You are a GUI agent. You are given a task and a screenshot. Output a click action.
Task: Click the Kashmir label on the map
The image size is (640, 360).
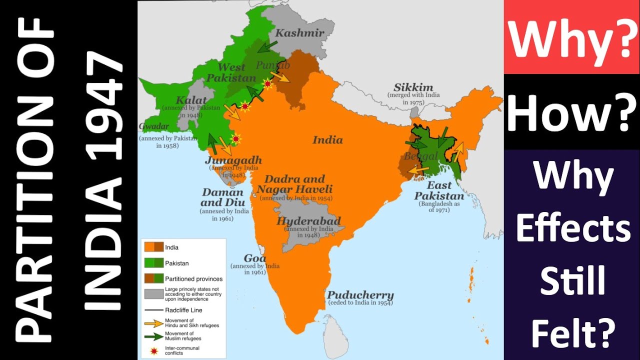click(x=300, y=33)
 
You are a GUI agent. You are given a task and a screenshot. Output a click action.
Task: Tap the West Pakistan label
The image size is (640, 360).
click(x=231, y=72)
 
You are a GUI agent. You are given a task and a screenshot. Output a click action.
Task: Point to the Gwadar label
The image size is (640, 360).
click(x=154, y=126)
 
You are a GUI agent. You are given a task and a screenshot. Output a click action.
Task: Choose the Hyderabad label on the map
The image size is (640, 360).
click(x=309, y=221)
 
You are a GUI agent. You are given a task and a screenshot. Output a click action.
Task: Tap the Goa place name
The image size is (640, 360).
click(x=254, y=258)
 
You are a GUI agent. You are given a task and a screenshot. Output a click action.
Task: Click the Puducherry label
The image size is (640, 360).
click(x=360, y=295)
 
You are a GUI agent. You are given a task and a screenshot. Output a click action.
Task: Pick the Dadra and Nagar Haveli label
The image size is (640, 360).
click(x=294, y=184)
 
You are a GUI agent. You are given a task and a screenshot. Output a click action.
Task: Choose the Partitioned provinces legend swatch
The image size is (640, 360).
click(x=153, y=278)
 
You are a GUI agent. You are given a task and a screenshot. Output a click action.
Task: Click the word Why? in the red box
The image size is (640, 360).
click(x=571, y=37)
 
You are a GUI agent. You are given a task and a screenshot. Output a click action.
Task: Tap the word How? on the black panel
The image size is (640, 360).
click(x=571, y=112)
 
